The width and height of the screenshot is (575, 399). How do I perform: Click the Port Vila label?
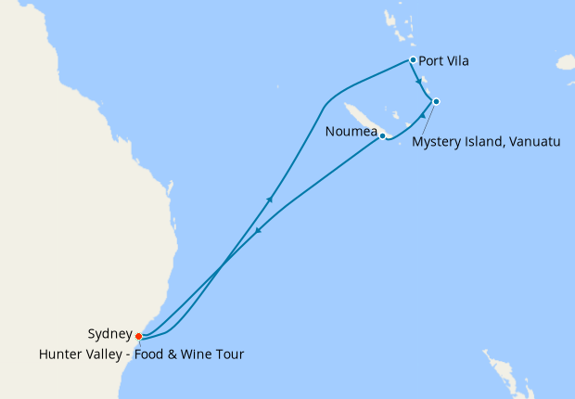click(443, 62)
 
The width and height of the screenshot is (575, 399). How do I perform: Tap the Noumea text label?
click(351, 132)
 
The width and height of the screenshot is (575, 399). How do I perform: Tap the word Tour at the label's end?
click(230, 353)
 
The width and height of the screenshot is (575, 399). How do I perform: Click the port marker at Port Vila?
click(413, 60)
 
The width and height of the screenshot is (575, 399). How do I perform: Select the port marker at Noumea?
click(382, 135)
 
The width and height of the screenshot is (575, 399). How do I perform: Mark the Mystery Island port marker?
click(436, 101)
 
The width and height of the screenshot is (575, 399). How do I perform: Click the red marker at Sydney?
click(138, 336)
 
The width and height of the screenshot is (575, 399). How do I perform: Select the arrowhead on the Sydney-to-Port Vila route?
click(270, 198)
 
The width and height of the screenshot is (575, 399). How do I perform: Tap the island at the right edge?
click(566, 63)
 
